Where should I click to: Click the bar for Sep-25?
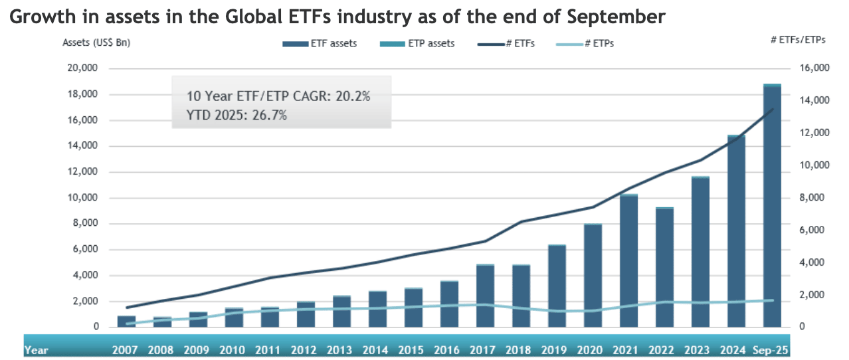click(772, 206)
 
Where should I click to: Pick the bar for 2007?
click(126, 321)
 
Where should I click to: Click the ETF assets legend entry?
click(320, 44)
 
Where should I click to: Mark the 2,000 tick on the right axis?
click(810, 295)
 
